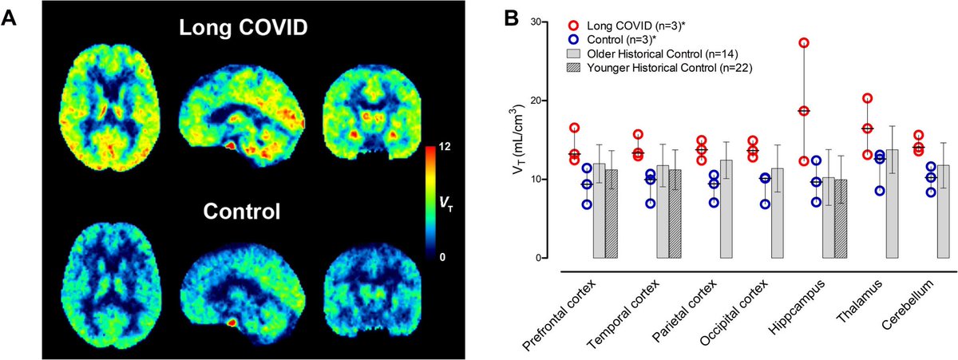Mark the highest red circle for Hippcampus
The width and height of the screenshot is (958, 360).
pos(804,43)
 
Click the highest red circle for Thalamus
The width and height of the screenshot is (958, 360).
pos(867,99)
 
